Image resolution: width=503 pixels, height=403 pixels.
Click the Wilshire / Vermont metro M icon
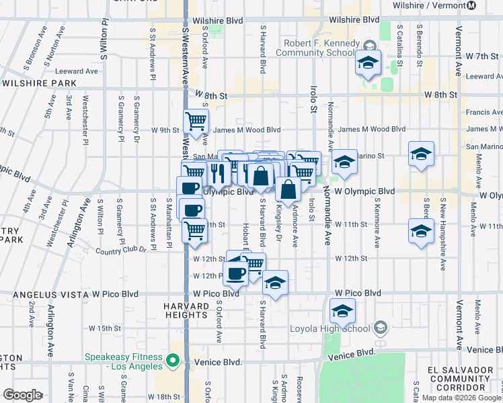pos(471,5)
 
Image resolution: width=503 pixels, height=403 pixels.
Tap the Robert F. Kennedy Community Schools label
pos(315,49)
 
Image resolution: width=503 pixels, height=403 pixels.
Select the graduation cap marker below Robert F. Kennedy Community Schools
pos(368,62)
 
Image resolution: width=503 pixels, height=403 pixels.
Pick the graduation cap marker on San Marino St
pos(421,154)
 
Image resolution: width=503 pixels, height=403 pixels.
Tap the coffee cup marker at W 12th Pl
pos(236,273)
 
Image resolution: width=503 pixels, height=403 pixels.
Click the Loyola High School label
pos(330,328)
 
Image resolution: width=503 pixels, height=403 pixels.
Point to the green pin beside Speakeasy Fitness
pos(173,362)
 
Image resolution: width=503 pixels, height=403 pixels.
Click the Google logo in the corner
pos(22,395)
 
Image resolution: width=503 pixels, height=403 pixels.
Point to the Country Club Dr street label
pos(122,252)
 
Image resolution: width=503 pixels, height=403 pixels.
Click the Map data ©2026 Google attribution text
pos(461,398)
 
